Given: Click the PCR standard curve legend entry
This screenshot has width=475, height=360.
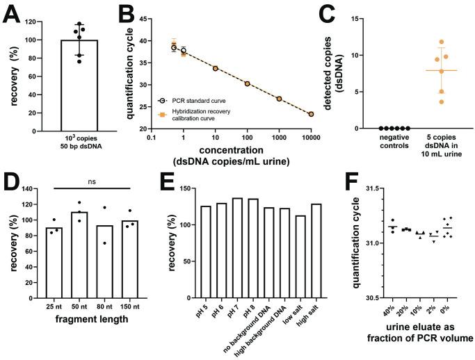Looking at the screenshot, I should point(194,100).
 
